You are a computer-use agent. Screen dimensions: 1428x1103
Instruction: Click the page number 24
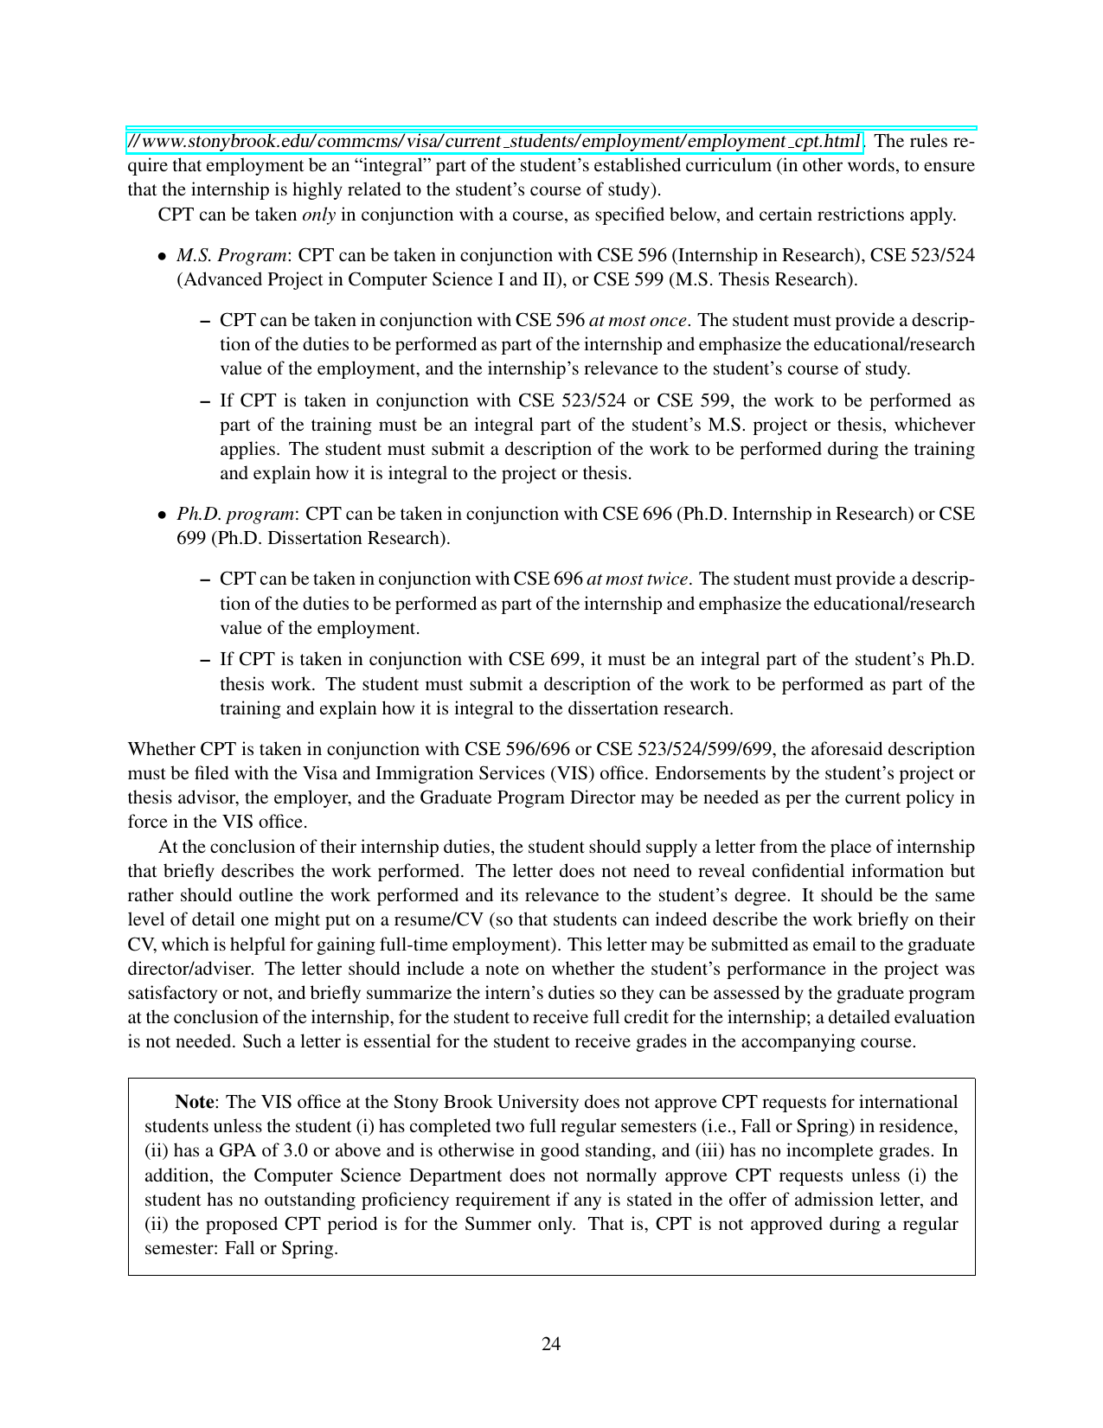coord(551,1343)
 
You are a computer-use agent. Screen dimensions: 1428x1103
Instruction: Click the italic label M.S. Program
coord(232,255)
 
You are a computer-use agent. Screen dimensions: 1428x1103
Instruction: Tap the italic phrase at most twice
coord(638,579)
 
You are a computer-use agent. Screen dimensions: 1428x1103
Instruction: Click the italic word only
coord(318,215)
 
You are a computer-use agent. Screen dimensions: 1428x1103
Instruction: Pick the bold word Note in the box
coord(194,1102)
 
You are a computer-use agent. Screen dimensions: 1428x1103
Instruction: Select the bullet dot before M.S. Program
coord(162,256)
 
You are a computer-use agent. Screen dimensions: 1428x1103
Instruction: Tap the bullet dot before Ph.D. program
coord(162,515)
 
